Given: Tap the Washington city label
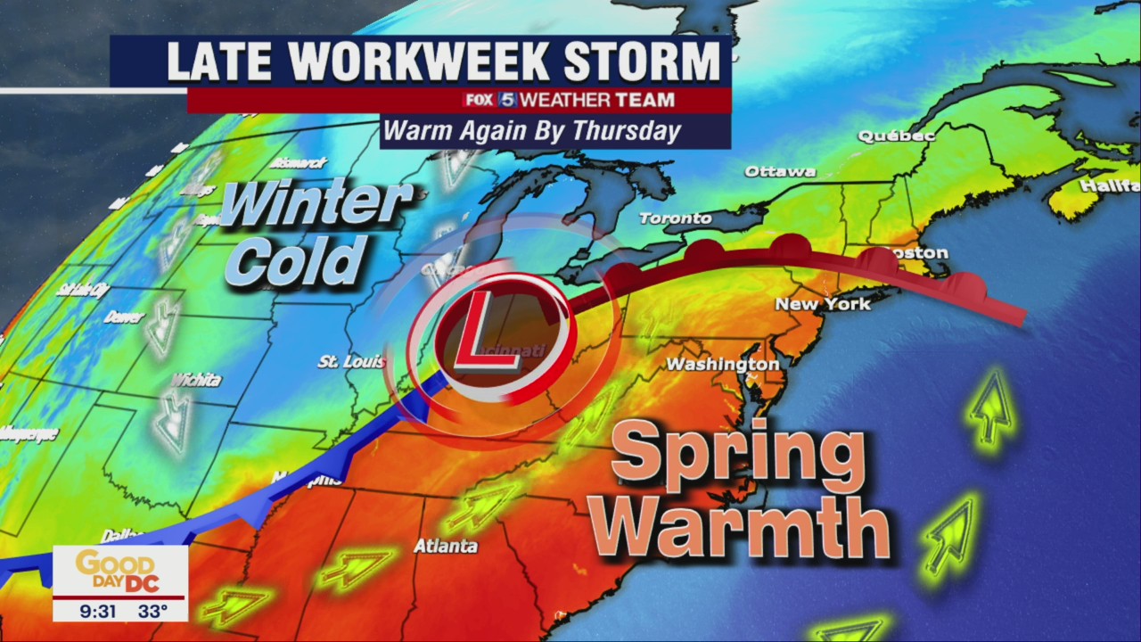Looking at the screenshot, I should (723, 365).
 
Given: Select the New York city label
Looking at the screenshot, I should (822, 304).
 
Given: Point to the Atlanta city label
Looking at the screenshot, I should (445, 546).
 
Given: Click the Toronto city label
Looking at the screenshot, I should (676, 218).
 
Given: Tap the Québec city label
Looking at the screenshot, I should (896, 136).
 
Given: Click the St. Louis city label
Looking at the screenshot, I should (351, 362).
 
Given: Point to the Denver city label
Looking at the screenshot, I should (124, 317).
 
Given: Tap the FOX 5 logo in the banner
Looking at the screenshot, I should (489, 100).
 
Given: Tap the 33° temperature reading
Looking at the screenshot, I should (154, 613).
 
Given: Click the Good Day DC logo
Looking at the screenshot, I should (119, 571).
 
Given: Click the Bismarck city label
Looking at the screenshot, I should (297, 163).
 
